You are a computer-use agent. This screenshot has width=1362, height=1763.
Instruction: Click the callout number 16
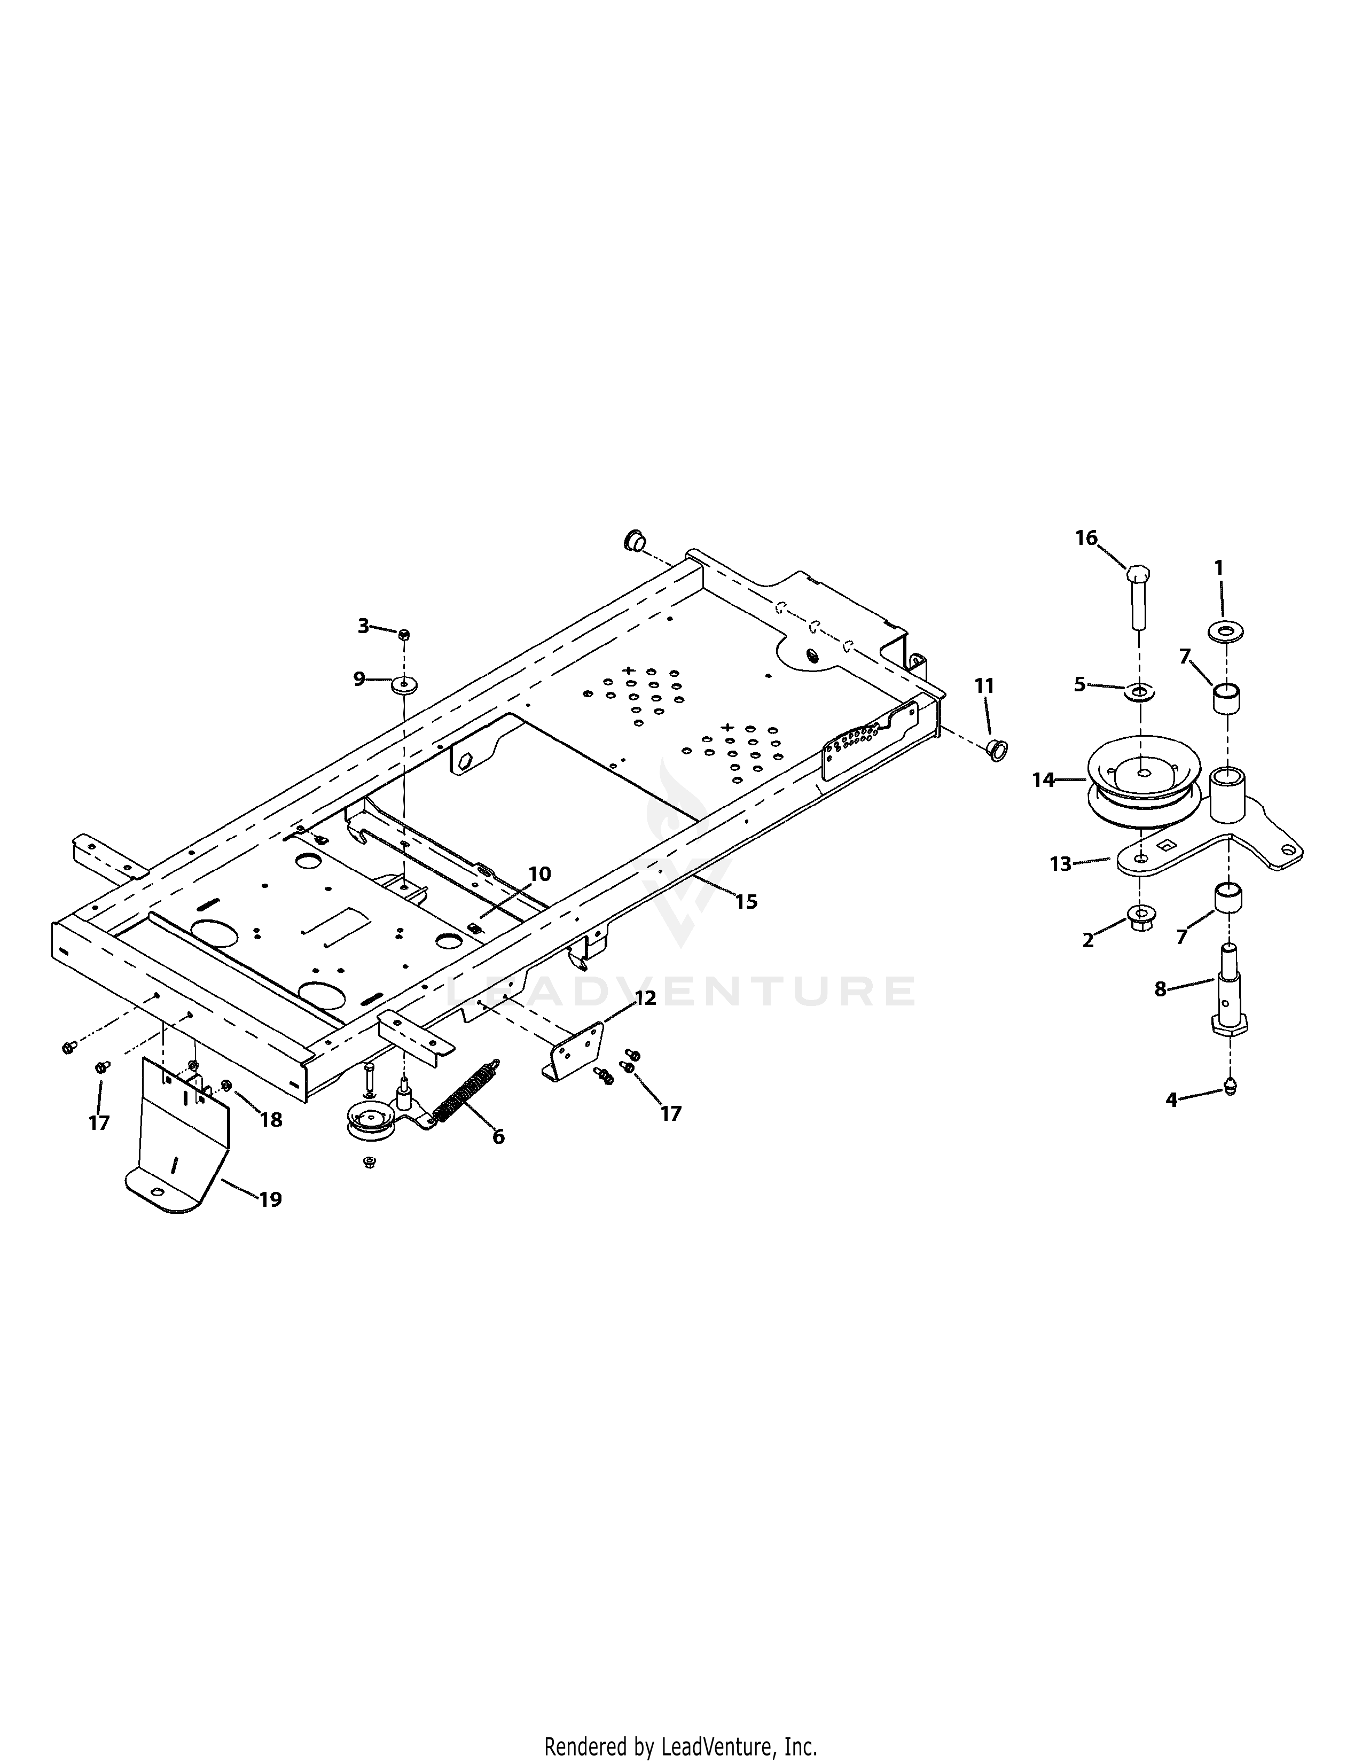pyautogui.click(x=1086, y=537)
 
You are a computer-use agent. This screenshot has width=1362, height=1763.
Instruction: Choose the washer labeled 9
pyautogui.click(x=403, y=686)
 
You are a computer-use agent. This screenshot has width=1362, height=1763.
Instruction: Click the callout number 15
pyautogui.click(x=746, y=902)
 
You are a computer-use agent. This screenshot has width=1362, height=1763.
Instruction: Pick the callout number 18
pyautogui.click(x=271, y=1120)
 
